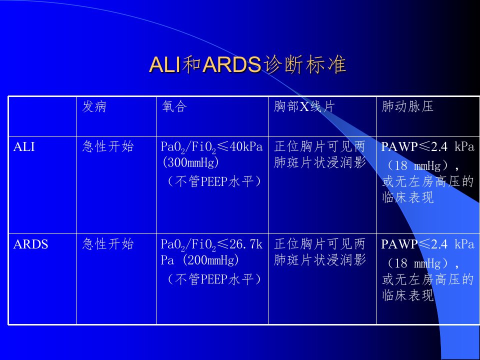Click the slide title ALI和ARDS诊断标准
point(247,64)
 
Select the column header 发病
point(94,106)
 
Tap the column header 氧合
point(174,106)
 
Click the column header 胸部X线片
point(304,106)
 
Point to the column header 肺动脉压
point(407,106)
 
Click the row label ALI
point(24,146)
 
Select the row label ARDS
point(30,244)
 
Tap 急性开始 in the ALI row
point(108,146)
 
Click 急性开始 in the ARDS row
point(108,244)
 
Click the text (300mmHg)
point(190,162)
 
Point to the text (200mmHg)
point(210,260)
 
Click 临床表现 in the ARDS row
point(408,295)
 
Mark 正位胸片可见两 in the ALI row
point(320,146)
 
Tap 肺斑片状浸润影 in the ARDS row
point(320,260)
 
